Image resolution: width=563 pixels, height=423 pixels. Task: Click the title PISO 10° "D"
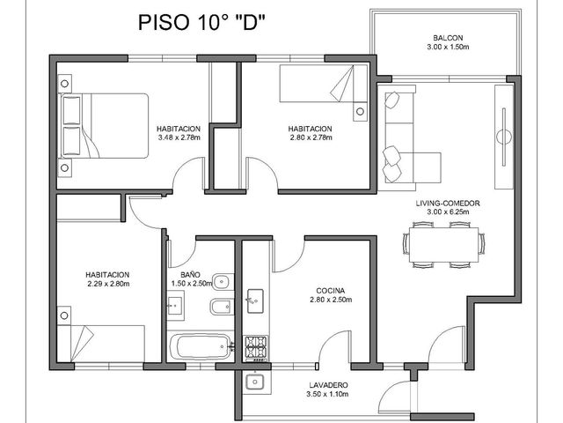click(201, 22)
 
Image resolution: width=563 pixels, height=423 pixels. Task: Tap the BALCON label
click(448, 38)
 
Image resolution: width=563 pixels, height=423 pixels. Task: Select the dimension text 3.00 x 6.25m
click(448, 211)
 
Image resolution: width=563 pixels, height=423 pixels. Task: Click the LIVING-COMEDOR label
click(448, 204)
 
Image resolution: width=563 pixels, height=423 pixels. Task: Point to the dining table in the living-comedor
click(443, 245)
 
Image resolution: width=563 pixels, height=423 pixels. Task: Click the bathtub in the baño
click(201, 346)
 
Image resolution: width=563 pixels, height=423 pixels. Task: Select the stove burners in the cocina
click(256, 347)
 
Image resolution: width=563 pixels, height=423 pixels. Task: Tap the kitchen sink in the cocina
click(255, 301)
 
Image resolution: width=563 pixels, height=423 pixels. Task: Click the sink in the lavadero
click(255, 382)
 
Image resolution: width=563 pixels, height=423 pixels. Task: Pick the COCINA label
click(331, 291)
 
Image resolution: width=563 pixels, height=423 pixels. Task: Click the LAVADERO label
click(327, 385)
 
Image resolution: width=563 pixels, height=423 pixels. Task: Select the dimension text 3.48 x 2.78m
click(179, 137)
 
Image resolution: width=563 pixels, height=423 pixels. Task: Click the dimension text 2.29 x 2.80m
click(108, 284)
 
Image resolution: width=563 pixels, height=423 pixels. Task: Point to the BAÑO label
click(190, 275)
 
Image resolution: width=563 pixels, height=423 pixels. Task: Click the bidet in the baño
click(221, 307)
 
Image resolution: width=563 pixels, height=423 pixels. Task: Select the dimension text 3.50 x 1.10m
click(327, 394)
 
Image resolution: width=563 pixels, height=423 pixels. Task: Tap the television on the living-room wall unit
click(504, 137)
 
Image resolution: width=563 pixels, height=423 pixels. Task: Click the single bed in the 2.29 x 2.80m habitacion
click(101, 344)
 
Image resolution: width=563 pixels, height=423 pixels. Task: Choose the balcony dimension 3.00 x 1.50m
click(448, 47)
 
